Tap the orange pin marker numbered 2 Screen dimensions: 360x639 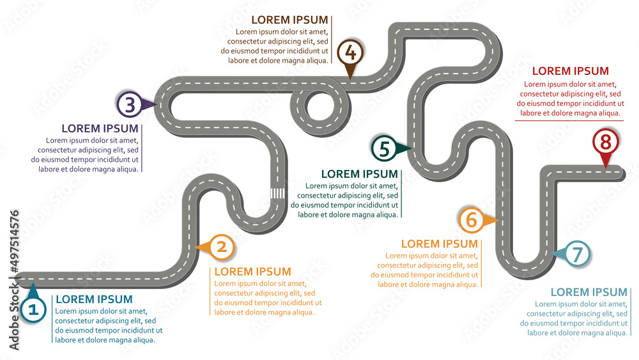[221, 247]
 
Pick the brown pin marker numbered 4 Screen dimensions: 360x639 [350, 52]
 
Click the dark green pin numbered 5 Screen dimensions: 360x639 [384, 148]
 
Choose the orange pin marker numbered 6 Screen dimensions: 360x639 [472, 220]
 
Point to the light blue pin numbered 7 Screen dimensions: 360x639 [576, 254]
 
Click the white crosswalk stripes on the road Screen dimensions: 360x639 [277, 193]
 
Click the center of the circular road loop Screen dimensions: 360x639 [319, 104]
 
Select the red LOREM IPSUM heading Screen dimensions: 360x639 [570, 71]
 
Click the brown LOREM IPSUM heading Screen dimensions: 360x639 [289, 20]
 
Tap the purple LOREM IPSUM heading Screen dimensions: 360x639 [99, 128]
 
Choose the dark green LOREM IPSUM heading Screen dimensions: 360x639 [359, 174]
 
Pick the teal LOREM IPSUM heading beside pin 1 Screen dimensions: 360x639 [94, 299]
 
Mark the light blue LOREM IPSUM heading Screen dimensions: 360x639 [589, 292]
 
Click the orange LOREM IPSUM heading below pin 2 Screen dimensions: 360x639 [252, 272]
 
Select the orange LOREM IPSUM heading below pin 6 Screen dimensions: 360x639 [439, 244]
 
